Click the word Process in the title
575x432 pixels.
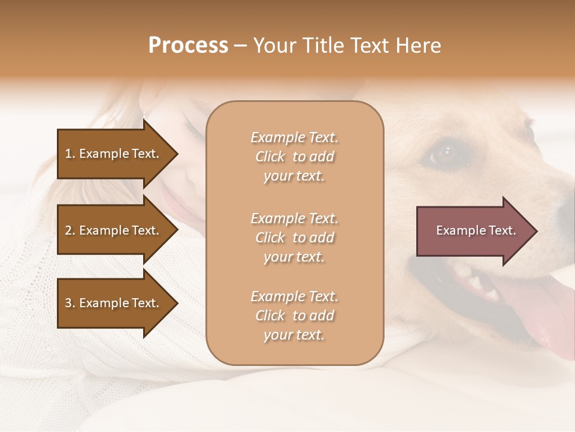click(x=188, y=46)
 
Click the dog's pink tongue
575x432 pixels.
click(x=536, y=312)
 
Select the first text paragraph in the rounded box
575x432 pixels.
click(x=294, y=157)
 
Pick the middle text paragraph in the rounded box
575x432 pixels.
click(x=294, y=238)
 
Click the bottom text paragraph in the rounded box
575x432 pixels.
click(x=294, y=316)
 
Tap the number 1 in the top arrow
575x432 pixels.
click(x=68, y=154)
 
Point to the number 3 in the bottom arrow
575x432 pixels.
click(x=68, y=303)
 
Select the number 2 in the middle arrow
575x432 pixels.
click(x=68, y=230)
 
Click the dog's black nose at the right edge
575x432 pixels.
click(x=566, y=210)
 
